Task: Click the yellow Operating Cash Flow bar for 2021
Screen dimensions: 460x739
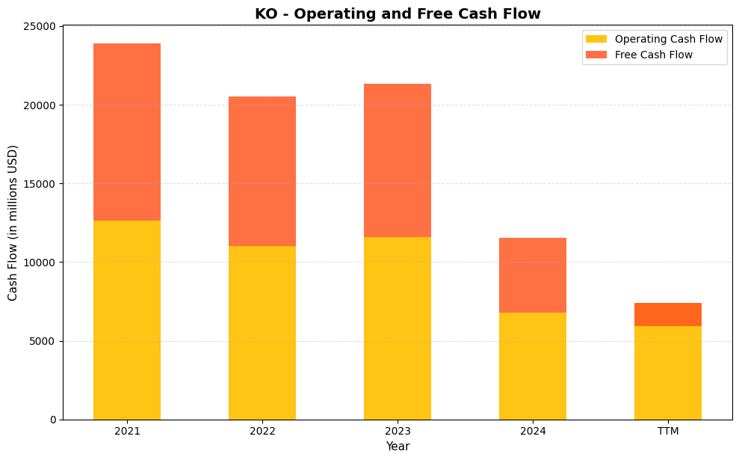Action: [x=127, y=320]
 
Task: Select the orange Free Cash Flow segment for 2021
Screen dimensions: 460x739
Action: [x=127, y=132]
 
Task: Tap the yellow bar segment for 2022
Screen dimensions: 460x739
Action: [x=262, y=333]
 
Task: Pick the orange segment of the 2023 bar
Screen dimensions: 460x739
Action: [x=398, y=160]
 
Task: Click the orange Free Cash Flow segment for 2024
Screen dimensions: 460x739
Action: [x=533, y=275]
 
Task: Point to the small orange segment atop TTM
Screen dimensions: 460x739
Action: [x=668, y=314]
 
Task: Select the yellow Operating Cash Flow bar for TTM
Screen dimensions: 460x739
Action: [x=668, y=372]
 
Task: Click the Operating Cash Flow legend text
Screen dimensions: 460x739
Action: [x=668, y=39]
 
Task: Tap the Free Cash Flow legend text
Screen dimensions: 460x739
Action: [x=653, y=55]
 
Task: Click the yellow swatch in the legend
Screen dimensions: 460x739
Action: [x=596, y=39]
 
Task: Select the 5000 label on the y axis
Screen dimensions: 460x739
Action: [x=43, y=341]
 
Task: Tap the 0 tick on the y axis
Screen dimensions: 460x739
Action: [x=52, y=420]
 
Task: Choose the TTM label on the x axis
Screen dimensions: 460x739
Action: [x=668, y=432]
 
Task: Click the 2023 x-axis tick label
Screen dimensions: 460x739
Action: [x=398, y=432]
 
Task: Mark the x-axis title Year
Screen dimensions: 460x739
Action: [x=398, y=447]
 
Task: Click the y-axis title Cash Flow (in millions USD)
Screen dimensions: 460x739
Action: [x=13, y=223]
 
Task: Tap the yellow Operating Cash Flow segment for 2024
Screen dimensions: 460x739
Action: [x=533, y=366]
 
